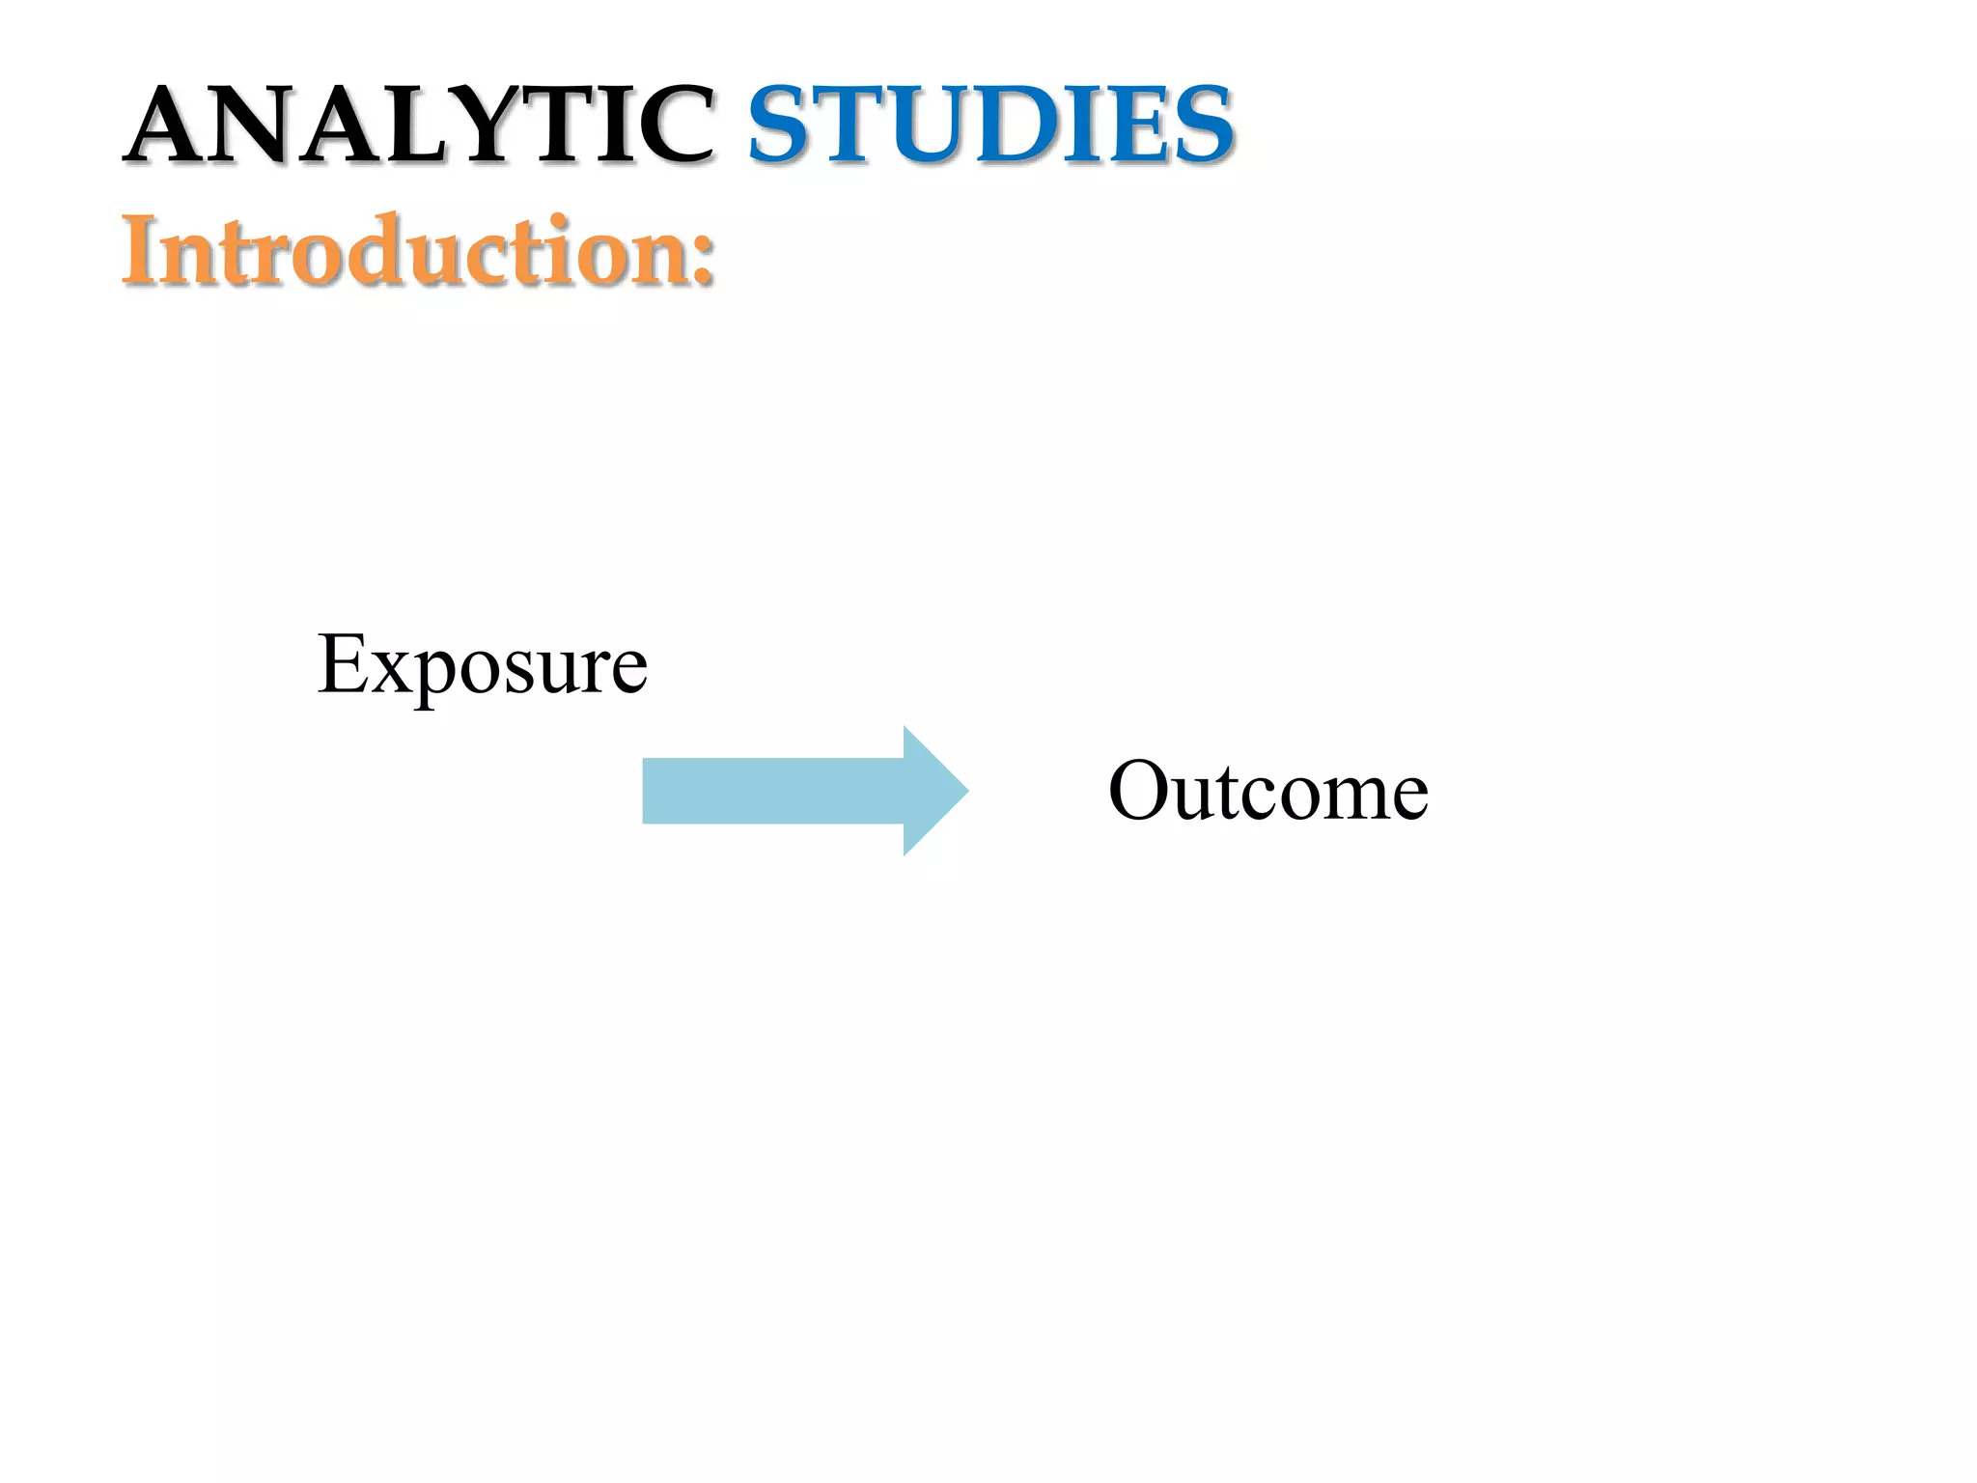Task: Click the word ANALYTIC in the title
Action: (x=421, y=126)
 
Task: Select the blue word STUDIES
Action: (x=990, y=126)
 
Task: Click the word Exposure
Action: (x=482, y=666)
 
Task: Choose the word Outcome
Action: (x=1267, y=792)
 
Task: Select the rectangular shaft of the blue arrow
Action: (x=772, y=791)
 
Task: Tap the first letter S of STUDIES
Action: (x=779, y=126)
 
